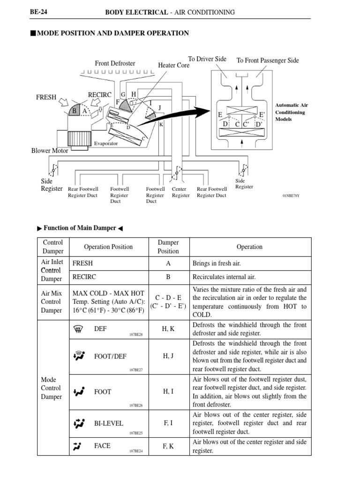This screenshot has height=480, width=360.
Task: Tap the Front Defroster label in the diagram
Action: (115, 63)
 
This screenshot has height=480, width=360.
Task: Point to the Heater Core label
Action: (174, 66)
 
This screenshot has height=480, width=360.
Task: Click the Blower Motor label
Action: (50, 151)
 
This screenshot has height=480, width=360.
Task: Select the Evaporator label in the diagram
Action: (106, 143)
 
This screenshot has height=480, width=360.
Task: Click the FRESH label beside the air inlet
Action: (46, 97)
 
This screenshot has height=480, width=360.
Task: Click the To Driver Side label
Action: (207, 59)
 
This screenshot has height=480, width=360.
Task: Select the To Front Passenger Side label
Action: (268, 60)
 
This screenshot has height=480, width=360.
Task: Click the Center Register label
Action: (180, 192)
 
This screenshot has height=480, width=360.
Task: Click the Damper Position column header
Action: (168, 247)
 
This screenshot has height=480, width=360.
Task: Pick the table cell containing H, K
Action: (168, 329)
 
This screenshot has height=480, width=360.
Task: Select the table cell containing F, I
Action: (168, 423)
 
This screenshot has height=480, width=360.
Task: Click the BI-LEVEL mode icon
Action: (78, 423)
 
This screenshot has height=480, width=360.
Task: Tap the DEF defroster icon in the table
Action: (78, 329)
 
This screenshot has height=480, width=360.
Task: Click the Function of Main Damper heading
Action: (80, 228)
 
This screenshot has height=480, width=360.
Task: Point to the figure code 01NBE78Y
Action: (291, 195)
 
